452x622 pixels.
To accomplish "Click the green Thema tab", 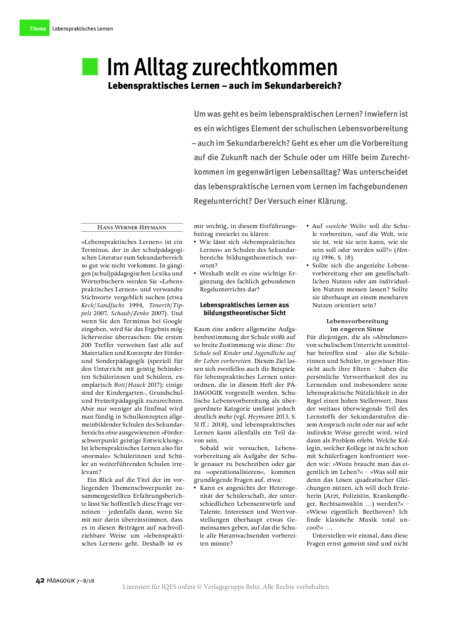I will (x=34, y=28).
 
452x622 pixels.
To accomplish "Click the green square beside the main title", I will (x=90, y=67).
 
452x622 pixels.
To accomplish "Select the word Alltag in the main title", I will (x=161, y=68).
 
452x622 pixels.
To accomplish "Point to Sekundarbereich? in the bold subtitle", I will (x=303, y=86).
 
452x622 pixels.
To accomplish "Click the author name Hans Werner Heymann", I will (x=132, y=227).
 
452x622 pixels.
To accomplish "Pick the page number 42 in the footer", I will (x=40, y=581).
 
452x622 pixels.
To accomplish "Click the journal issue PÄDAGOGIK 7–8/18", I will (x=71, y=581).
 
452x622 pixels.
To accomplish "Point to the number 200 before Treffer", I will (x=86, y=345).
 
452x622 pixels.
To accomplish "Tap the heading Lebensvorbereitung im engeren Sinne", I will (x=357, y=325).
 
